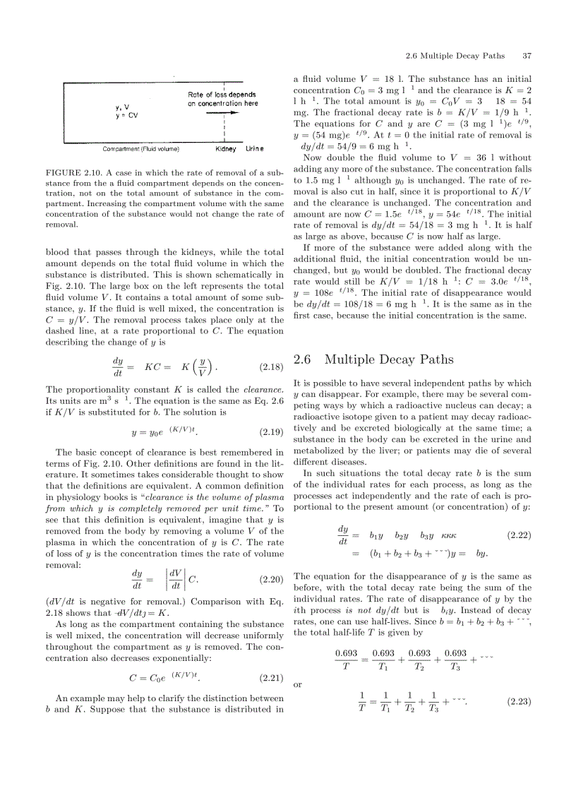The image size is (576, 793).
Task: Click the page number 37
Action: coord(527,56)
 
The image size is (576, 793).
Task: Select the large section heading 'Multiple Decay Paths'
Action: coord(389,359)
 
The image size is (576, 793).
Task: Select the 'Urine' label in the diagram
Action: coord(254,149)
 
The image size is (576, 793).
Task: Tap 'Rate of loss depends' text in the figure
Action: coord(222,95)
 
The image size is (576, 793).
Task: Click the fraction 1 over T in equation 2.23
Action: coord(362,703)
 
